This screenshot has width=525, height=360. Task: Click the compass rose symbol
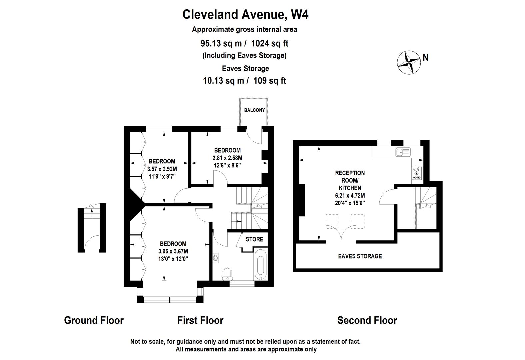click(x=409, y=63)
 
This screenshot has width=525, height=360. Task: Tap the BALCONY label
click(x=254, y=110)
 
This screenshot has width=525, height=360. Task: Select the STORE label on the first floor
click(x=254, y=239)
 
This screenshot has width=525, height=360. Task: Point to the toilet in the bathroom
click(x=227, y=274)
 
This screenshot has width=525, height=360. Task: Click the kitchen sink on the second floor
click(x=403, y=152)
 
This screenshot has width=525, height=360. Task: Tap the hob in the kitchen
click(x=416, y=173)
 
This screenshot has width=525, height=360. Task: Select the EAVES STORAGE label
click(x=360, y=256)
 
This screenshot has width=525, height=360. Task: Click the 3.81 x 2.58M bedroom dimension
click(x=227, y=158)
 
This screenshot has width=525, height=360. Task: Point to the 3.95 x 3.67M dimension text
click(x=173, y=251)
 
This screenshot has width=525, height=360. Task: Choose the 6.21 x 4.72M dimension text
click(x=350, y=195)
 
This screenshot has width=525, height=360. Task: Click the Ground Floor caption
click(x=94, y=320)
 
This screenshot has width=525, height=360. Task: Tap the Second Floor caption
click(x=367, y=320)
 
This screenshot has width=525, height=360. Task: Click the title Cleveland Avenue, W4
click(x=245, y=15)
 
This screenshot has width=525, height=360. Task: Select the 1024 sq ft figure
click(x=270, y=43)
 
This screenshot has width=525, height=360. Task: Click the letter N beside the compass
click(x=425, y=57)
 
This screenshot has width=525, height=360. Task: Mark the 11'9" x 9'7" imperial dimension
click(x=162, y=176)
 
